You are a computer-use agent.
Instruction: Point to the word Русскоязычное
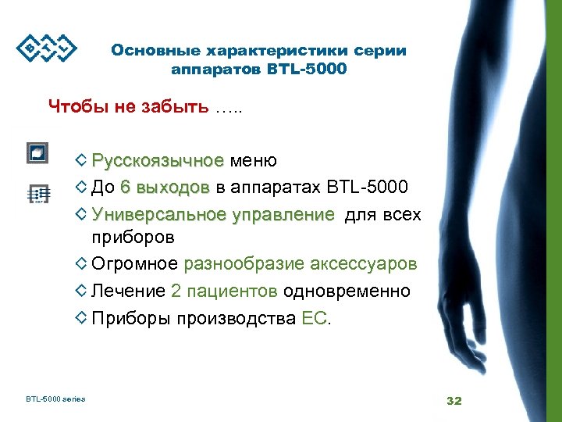tap(158, 161)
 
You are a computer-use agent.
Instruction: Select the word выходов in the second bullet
tap(176, 188)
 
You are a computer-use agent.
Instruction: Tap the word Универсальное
tap(158, 214)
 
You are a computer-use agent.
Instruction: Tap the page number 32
tap(454, 401)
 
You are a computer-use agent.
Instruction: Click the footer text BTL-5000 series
tap(55, 400)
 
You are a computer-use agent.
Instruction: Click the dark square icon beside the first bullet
tap(37, 152)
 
